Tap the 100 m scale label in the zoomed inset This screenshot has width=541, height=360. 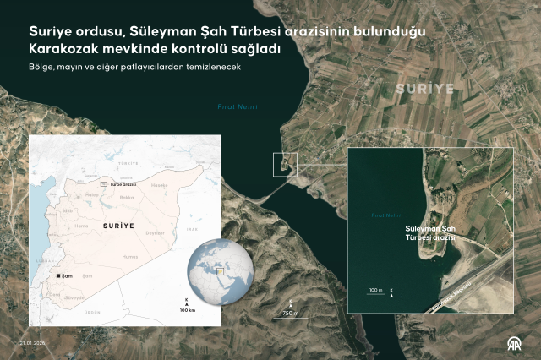(375, 291)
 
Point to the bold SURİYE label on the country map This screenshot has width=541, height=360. (119, 226)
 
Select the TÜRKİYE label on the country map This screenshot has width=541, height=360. (128, 161)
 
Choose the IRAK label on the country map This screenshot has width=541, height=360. (192, 228)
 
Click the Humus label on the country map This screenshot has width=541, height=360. (129, 256)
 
